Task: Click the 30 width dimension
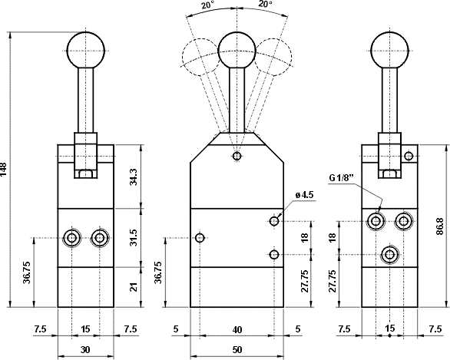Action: point(85,350)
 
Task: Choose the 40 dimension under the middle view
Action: point(237,329)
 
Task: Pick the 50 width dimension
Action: point(237,350)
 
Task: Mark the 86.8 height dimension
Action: point(440,228)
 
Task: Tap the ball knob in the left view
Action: point(85,50)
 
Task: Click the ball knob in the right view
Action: point(389,50)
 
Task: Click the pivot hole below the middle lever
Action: point(237,157)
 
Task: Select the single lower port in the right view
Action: point(390,254)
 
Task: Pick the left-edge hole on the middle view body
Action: point(199,238)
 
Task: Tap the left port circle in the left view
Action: point(71,238)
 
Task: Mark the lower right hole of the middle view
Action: point(275,254)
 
